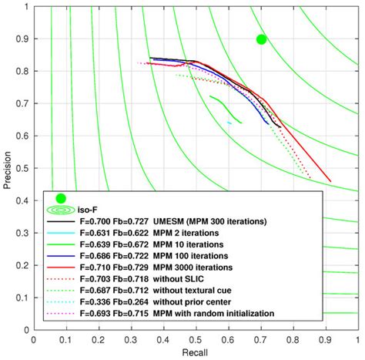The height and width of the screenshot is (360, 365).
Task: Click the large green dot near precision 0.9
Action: (261, 39)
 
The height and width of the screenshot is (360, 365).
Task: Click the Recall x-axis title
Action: (195, 352)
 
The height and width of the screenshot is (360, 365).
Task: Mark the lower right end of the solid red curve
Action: (330, 181)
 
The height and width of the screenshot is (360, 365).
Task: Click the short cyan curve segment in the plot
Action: (229, 122)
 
